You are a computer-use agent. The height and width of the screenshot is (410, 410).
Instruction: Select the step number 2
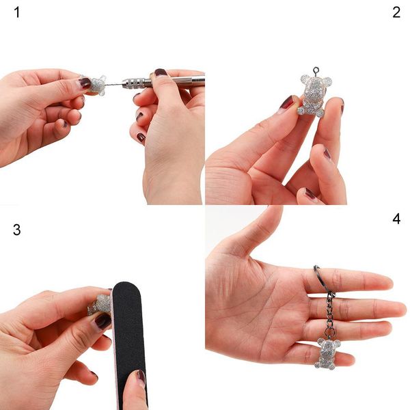396,13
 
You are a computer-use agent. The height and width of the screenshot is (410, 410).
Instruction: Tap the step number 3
16,230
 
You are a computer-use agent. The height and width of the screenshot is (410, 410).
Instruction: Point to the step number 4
396,219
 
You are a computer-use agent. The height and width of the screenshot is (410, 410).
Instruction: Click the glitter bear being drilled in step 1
96,85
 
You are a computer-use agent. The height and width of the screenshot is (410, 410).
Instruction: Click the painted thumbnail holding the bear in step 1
85,83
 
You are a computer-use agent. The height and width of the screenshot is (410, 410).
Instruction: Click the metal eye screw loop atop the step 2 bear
316,70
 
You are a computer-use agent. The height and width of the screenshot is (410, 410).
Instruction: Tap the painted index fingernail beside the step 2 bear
286,103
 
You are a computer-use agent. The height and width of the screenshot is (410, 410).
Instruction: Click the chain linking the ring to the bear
331,314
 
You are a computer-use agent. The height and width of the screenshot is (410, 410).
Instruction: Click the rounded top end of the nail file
127,287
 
